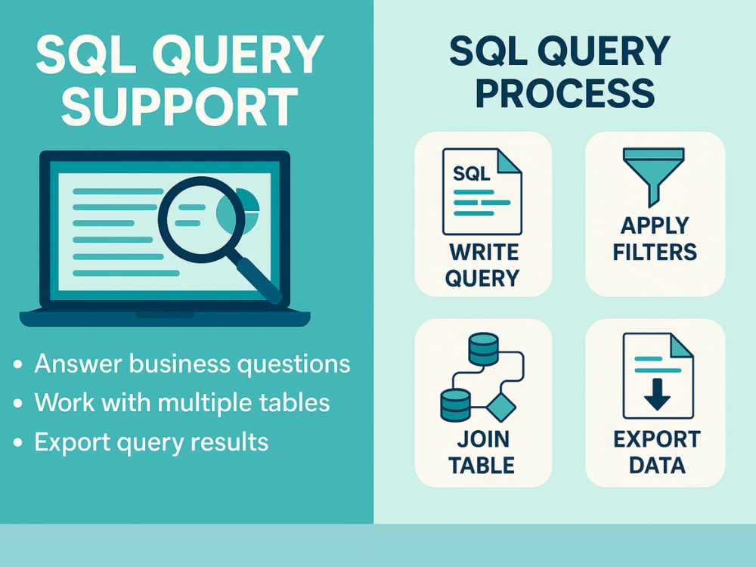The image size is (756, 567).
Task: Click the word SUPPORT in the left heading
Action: click(x=179, y=107)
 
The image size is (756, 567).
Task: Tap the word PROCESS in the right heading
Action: click(x=565, y=93)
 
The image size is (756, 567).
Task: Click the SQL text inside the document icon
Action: click(x=471, y=173)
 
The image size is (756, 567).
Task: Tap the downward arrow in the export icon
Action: click(x=657, y=394)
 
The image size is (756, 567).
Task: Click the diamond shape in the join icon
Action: click(x=501, y=407)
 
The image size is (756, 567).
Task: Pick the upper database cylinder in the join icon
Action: click(x=483, y=349)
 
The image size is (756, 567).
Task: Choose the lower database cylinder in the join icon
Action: click(x=455, y=405)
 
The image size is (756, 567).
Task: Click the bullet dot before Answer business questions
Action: click(x=18, y=364)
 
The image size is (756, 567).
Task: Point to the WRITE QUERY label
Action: click(x=482, y=265)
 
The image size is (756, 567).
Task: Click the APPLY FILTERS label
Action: click(x=654, y=239)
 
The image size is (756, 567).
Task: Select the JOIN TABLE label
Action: click(x=482, y=452)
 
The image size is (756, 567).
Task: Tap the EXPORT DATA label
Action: click(x=657, y=452)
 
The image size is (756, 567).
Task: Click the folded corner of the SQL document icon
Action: click(x=509, y=161)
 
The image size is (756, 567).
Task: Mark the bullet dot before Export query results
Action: click(x=18, y=442)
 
